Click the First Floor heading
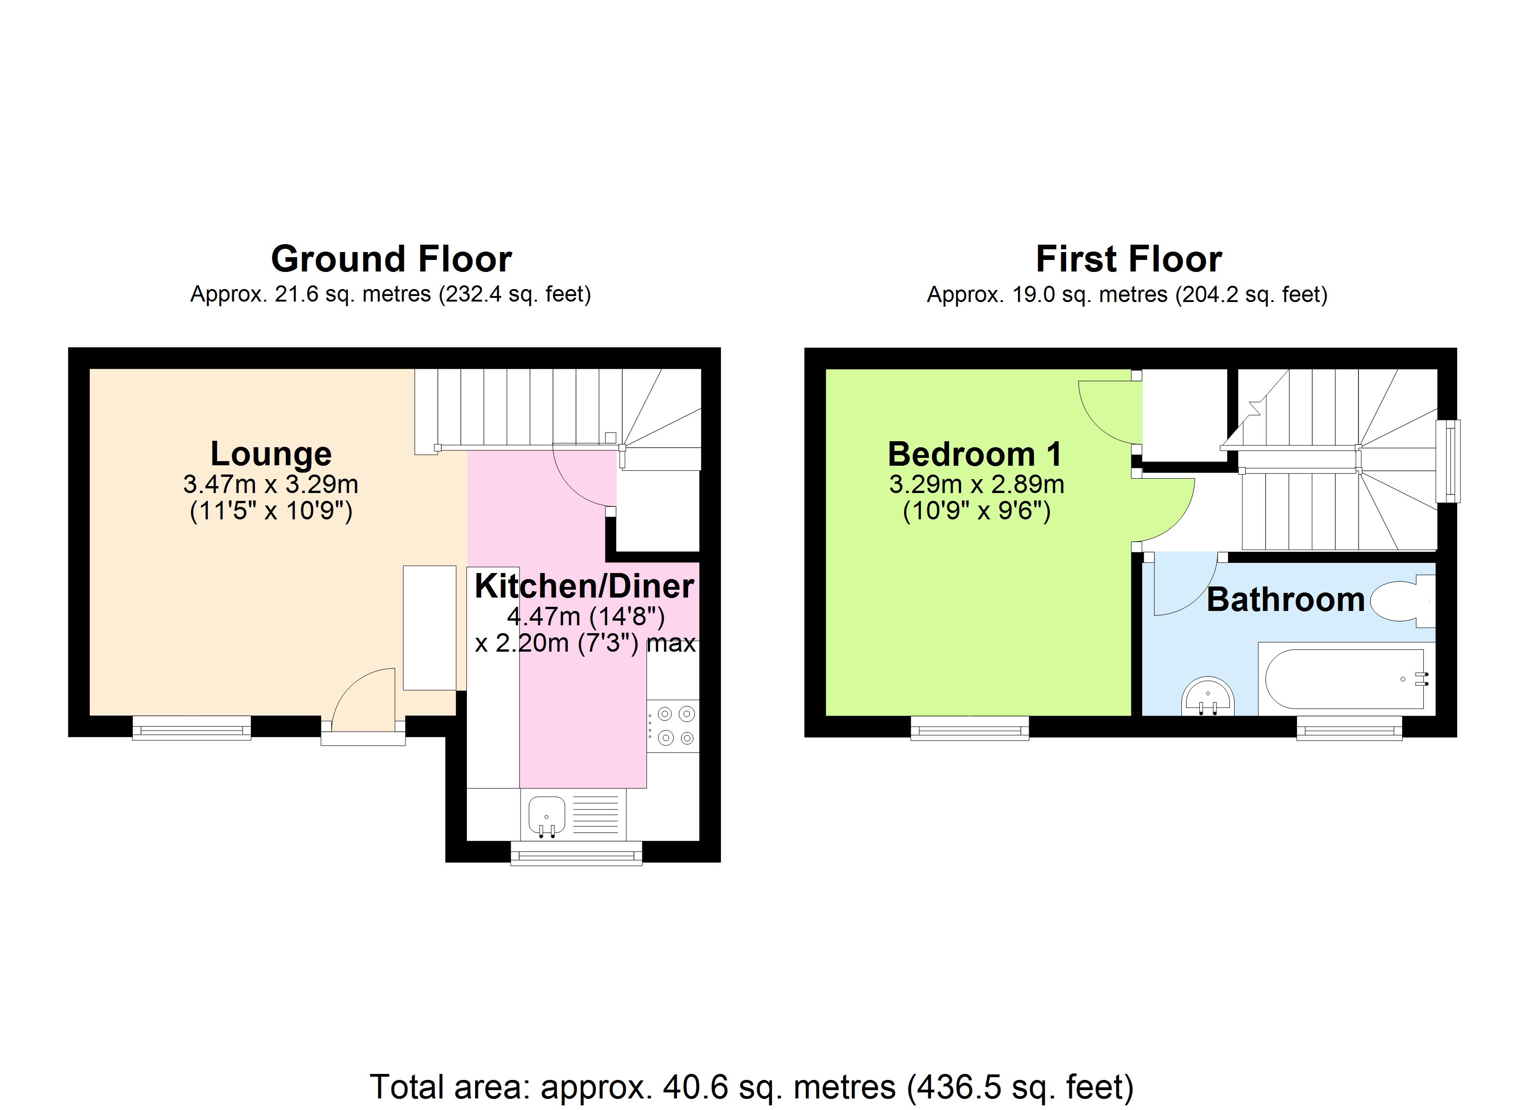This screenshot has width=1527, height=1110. (x=1129, y=259)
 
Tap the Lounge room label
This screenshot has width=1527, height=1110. (x=271, y=454)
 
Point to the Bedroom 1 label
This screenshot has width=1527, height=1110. (x=975, y=454)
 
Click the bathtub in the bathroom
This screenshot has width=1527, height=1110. (x=1345, y=678)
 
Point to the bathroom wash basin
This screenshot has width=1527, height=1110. (x=1208, y=697)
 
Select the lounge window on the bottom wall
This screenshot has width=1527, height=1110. (x=192, y=728)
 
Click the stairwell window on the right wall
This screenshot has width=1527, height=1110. (x=1447, y=461)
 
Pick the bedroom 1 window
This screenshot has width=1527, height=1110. (x=969, y=728)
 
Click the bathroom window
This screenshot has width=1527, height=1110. (x=1349, y=728)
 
